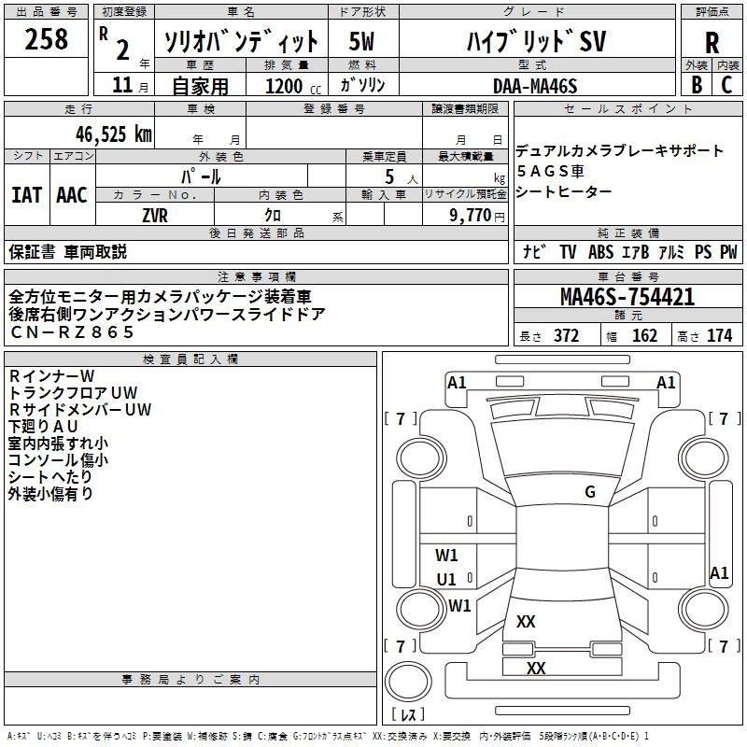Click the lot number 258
pos(46,39)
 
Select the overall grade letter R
pos(712,43)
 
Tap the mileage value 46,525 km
pos(113,134)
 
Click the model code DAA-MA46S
pos(535,86)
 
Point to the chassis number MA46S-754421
pos(627,297)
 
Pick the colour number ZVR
pos(155,216)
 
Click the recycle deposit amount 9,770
pos(470,215)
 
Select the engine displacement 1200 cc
pos(293,86)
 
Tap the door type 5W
pos(361,41)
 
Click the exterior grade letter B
pos(697,85)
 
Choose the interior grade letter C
pos(726,85)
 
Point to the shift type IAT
pos(27,195)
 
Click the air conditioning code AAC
pos(72,195)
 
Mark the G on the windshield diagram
pos(590,492)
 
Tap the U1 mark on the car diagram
pos(446,579)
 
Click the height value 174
pos(719,335)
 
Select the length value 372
pos(567,335)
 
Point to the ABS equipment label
pos(600,252)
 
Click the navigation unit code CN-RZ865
pos(72,332)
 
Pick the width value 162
pos(644,335)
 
